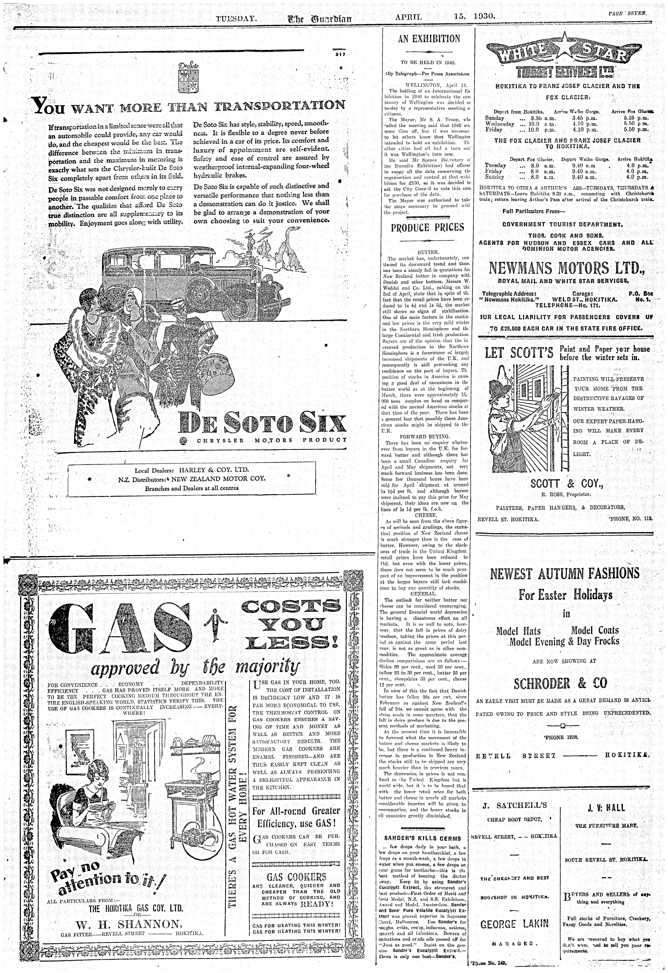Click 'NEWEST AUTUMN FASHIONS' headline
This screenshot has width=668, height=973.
[x=565, y=573]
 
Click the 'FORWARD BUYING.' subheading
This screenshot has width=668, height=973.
[x=425, y=436]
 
